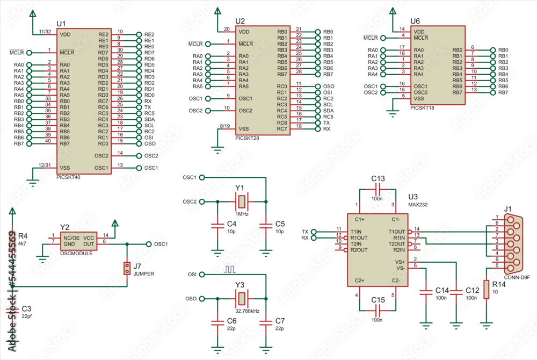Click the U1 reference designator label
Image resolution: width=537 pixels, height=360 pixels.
(61, 24)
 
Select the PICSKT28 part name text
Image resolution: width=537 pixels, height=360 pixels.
(248, 138)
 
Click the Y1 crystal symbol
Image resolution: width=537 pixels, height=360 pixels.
(241, 201)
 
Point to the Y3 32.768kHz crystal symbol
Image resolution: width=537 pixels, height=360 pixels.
(241, 298)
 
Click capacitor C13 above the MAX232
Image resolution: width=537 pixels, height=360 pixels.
(378, 189)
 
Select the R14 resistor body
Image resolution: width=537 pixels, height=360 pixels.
(487, 289)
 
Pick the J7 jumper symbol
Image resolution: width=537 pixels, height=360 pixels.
(127, 268)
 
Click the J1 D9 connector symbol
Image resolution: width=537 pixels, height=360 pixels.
(508, 241)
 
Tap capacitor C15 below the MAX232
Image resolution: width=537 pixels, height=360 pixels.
(378, 310)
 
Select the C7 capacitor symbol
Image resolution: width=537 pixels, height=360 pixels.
(265, 322)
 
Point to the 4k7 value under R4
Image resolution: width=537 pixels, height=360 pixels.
(23, 243)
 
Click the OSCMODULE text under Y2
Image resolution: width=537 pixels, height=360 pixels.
(76, 252)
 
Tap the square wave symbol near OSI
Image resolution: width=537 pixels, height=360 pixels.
(230, 268)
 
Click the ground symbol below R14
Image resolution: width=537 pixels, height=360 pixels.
(487, 323)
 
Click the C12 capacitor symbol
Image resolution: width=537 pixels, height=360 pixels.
(456, 291)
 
